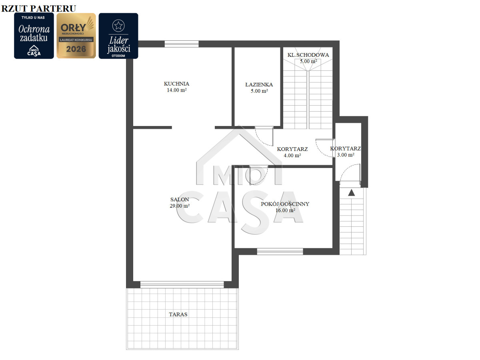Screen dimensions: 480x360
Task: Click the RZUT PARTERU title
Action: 39,8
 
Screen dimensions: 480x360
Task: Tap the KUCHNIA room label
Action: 176,84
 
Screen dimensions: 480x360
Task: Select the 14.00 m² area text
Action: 177,90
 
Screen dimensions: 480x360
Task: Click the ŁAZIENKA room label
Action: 259,84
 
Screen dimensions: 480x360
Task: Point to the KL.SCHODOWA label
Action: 308,55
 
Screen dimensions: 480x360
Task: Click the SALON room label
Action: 180,200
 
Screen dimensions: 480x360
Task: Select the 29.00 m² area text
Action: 180,206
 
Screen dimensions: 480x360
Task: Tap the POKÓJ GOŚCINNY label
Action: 285,204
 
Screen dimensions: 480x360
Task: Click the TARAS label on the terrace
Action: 178,314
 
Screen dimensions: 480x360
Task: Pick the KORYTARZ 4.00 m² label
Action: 292,152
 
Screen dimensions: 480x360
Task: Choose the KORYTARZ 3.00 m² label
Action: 346,152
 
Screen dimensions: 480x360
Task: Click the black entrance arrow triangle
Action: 351,192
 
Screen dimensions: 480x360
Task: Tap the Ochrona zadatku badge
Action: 34,36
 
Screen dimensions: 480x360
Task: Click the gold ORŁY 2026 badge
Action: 76,36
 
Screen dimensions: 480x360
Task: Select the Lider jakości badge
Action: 118,36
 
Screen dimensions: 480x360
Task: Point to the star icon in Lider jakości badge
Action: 118,26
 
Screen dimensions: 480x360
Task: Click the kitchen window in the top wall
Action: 182,44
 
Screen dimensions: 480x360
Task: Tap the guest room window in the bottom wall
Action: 280,251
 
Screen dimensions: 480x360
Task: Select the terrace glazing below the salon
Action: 182,284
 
